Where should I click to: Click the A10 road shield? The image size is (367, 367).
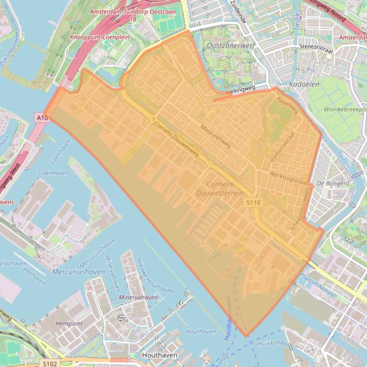[x=42, y=117]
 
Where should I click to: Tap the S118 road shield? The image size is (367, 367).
[x=254, y=203]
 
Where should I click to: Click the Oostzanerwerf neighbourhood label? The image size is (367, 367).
[x=231, y=45]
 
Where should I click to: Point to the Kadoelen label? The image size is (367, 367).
[x=303, y=84]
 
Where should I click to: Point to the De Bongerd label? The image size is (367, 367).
[x=333, y=183]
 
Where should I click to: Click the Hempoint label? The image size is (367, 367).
[x=69, y=323]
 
